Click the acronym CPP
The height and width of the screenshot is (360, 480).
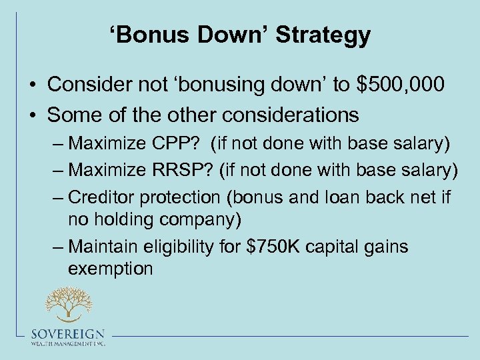pyautogui.click(x=177, y=143)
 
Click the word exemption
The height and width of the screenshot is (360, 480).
pyautogui.click(x=110, y=268)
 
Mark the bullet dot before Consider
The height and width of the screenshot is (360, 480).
pyautogui.click(x=32, y=85)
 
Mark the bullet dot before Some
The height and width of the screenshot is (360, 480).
pyautogui.click(x=32, y=115)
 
